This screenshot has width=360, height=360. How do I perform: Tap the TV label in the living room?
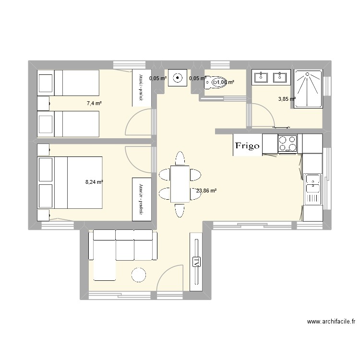196,262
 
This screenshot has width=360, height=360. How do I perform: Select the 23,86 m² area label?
206,191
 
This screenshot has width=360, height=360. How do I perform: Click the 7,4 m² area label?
94,103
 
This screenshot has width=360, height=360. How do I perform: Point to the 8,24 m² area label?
94,182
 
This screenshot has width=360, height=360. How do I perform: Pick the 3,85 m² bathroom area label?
287,99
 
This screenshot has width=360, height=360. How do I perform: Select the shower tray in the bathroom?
308,88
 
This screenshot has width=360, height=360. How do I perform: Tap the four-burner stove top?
288,143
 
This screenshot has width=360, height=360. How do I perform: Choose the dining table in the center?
180,183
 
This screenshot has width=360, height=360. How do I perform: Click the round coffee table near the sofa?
138,275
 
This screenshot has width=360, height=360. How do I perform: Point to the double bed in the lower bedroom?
77,182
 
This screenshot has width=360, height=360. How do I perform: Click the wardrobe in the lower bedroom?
142,200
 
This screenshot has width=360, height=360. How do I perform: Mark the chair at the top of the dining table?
180,158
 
